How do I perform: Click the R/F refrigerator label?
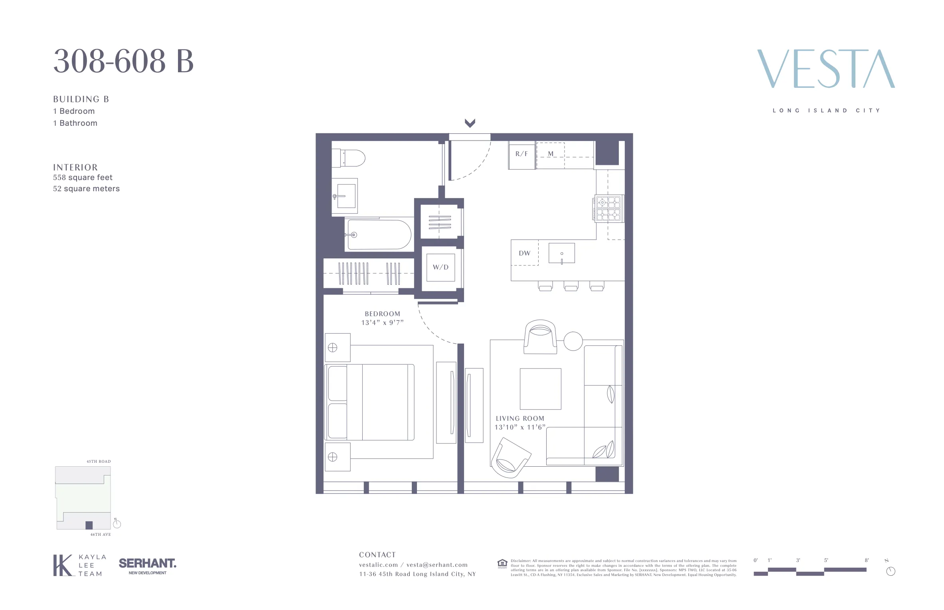click(521, 154)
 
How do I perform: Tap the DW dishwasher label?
click(524, 253)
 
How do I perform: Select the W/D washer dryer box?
click(440, 267)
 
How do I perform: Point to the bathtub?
click(379, 235)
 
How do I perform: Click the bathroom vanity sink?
click(346, 196)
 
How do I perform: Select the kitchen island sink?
click(561, 253)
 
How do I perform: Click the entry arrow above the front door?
click(470, 123)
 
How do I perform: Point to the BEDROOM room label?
click(382, 314)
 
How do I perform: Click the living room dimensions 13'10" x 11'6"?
click(519, 427)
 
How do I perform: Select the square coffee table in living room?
click(540, 389)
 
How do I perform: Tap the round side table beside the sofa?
click(573, 341)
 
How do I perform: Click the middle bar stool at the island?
click(571, 286)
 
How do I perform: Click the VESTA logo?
click(826, 69)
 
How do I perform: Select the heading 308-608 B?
click(123, 61)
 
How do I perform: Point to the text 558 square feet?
click(83, 177)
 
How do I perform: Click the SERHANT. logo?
click(147, 563)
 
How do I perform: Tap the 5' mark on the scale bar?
click(826, 560)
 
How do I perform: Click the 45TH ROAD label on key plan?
click(99, 461)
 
